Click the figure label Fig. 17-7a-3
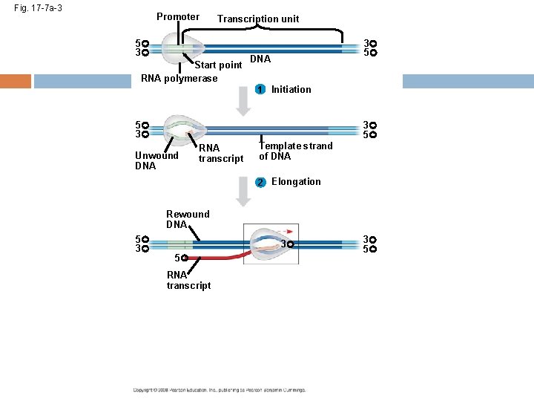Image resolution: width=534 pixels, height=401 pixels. tap(43, 8)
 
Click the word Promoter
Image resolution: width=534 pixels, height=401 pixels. tap(177, 17)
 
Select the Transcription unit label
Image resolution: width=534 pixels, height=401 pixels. tap(258, 19)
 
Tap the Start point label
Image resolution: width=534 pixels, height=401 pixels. tap(218, 65)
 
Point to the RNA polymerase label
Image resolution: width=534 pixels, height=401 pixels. tap(179, 79)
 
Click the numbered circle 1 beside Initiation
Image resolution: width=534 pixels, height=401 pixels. tap(259, 90)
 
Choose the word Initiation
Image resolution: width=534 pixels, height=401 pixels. tap(291, 90)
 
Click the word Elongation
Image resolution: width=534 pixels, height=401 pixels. tap(296, 182)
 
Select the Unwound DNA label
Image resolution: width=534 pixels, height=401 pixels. tap(156, 160)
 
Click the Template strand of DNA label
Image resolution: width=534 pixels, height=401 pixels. tap(295, 151)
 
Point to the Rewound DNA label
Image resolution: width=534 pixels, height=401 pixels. tap(188, 219)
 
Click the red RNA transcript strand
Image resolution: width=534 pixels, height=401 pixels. tap(215, 258)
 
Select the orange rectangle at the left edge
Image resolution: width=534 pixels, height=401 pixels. tap(15, 81)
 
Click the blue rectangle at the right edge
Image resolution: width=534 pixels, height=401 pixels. tap(467, 81)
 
